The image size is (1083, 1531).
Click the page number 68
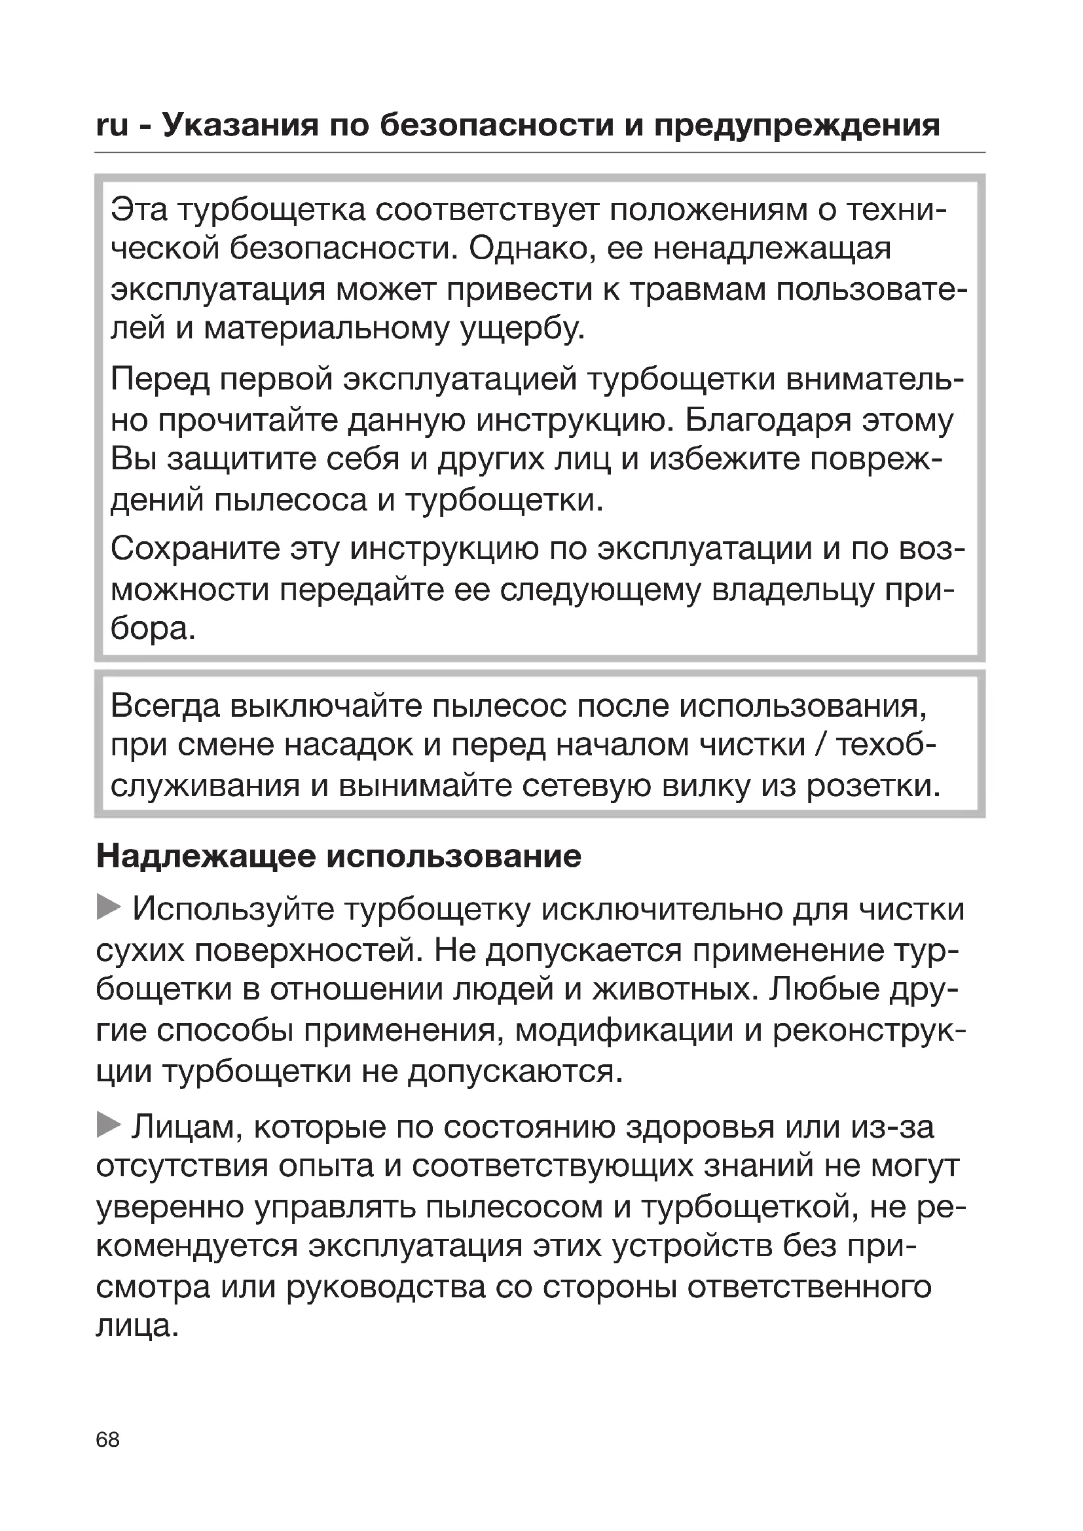[x=107, y=1439]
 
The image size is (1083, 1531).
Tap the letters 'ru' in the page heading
[x=112, y=125]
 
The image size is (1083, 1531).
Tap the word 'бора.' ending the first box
[x=153, y=629]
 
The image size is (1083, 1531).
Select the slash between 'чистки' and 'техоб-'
[x=821, y=745]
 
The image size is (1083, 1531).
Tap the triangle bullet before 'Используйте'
[x=108, y=907]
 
